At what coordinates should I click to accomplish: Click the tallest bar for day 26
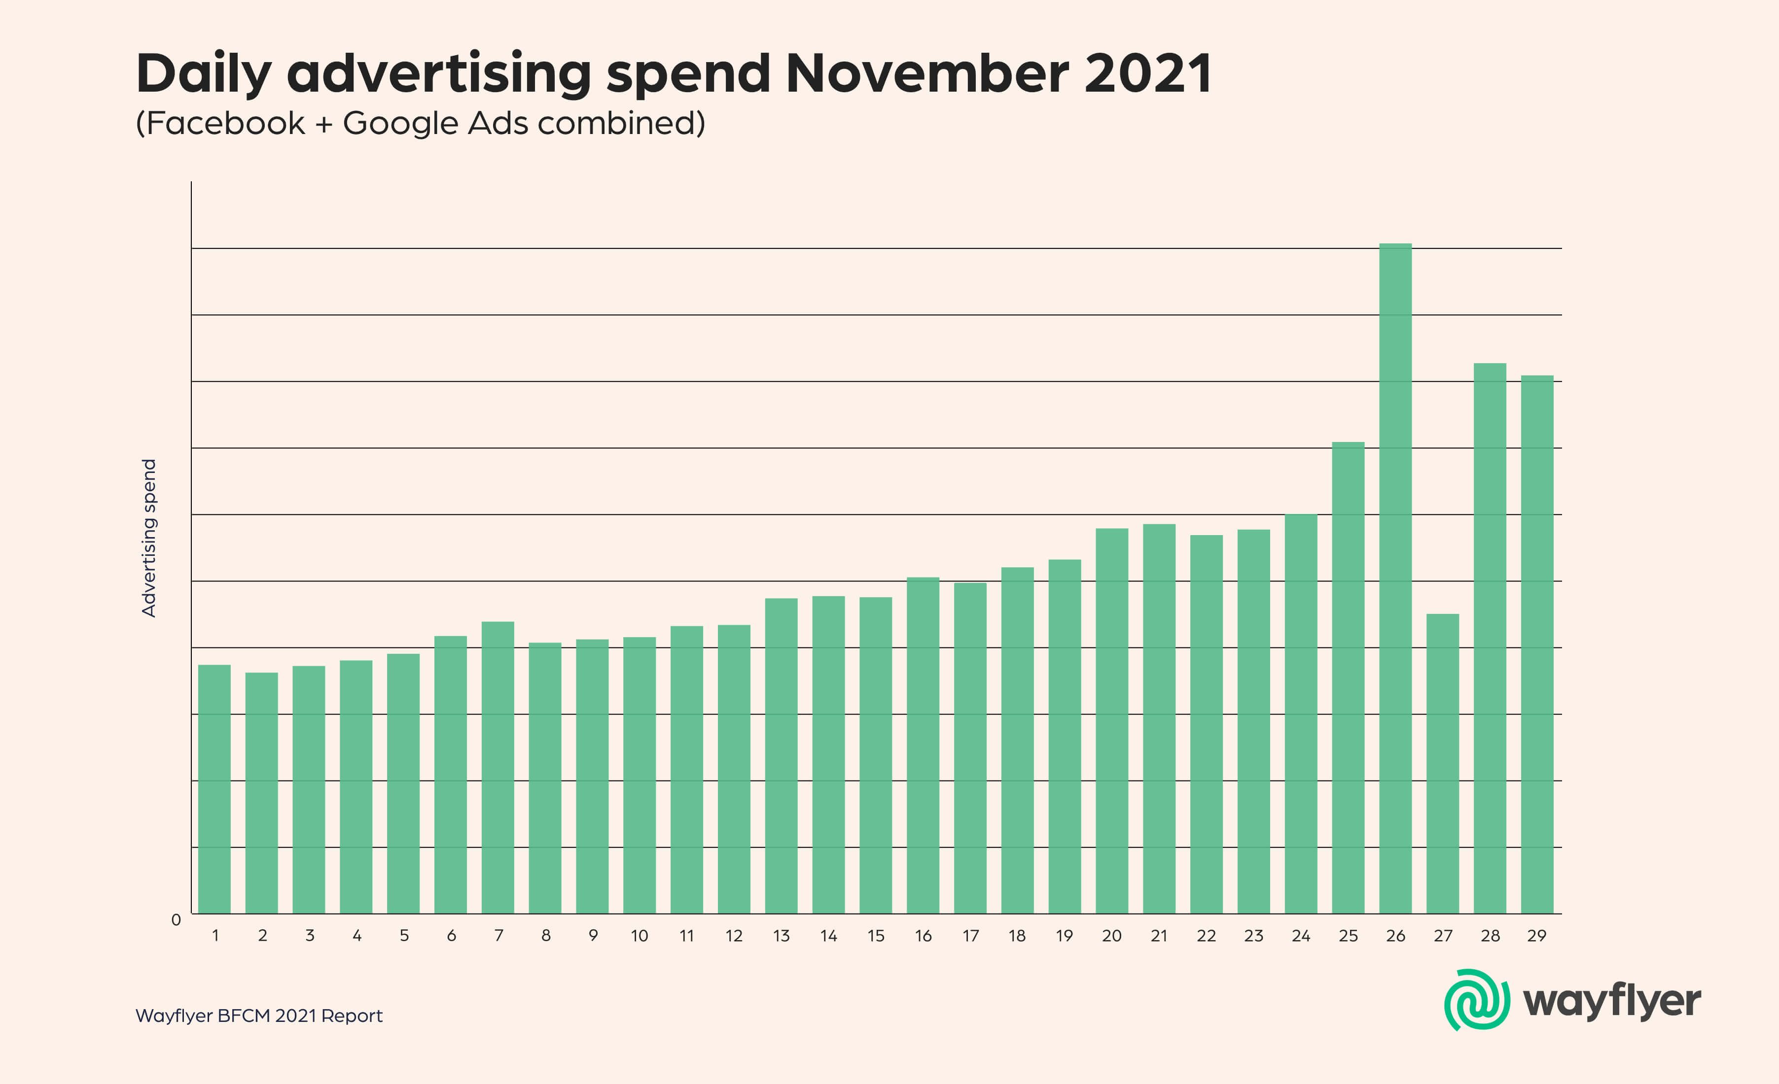pos(1395,577)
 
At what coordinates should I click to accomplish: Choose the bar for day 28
pos(1490,638)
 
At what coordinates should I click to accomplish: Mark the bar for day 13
pos(781,756)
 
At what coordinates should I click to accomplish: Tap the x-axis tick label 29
pos(1536,936)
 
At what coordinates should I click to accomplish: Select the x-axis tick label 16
pos(923,936)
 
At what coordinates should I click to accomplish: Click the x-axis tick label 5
pos(404,936)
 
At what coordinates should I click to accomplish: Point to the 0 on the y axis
pos(176,920)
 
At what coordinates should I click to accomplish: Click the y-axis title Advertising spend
pos(149,538)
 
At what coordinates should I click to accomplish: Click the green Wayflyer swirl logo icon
pos(1476,1000)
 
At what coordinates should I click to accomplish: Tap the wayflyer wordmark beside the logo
pos(1611,1002)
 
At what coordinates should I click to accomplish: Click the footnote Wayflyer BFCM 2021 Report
pos(258,1016)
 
